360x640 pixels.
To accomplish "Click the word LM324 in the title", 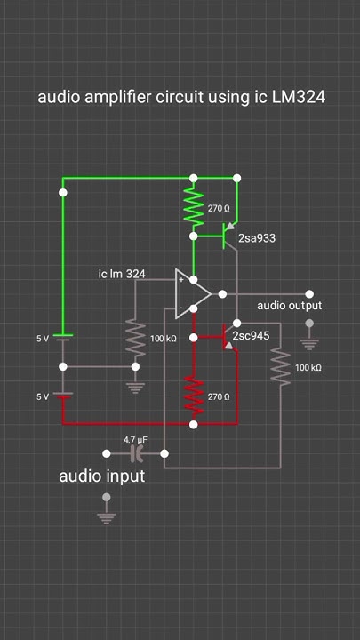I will coord(295,97).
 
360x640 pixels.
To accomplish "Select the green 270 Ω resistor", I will coord(194,206).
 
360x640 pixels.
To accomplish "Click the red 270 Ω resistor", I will coord(194,395).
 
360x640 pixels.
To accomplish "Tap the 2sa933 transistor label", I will coord(258,239).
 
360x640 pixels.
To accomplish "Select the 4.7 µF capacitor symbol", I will coord(137,454).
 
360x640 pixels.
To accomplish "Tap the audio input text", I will coord(101,476).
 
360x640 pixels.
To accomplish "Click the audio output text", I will coord(289,306).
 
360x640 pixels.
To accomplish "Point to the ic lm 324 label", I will coord(122,274).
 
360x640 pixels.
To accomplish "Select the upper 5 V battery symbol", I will coord(62,337).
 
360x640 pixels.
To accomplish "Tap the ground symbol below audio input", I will coord(107,516).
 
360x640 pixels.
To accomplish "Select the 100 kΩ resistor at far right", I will coord(281,367).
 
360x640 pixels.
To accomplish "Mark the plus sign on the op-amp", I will coord(181,280).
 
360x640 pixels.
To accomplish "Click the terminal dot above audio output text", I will coord(309,293).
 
